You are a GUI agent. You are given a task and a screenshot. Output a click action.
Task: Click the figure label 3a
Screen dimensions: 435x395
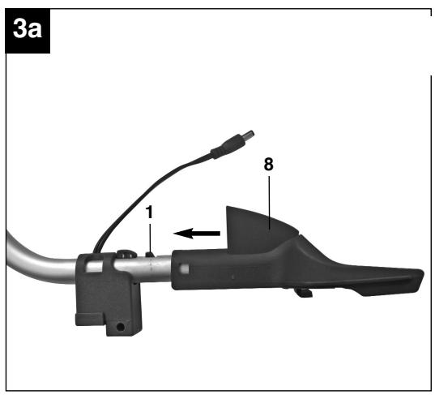pyautogui.click(x=28, y=29)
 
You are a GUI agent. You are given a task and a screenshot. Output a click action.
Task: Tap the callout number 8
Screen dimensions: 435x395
pyautogui.click(x=268, y=164)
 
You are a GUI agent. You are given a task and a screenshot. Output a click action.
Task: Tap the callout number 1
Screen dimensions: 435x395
pyautogui.click(x=149, y=213)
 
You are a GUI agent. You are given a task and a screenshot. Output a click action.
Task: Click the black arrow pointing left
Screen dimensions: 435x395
pyautogui.click(x=196, y=234)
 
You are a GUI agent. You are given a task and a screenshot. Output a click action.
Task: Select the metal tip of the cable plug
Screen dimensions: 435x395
pyautogui.click(x=249, y=134)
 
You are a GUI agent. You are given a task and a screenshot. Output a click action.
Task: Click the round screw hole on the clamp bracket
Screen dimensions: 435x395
pyautogui.click(x=120, y=326)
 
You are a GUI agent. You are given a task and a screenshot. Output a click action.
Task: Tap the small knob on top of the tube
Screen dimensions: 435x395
pyautogui.click(x=126, y=254)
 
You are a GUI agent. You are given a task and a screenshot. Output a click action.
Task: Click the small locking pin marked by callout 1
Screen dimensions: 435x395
pyautogui.click(x=150, y=254)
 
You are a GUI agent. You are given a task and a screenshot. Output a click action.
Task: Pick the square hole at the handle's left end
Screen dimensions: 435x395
pyautogui.click(x=185, y=268)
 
